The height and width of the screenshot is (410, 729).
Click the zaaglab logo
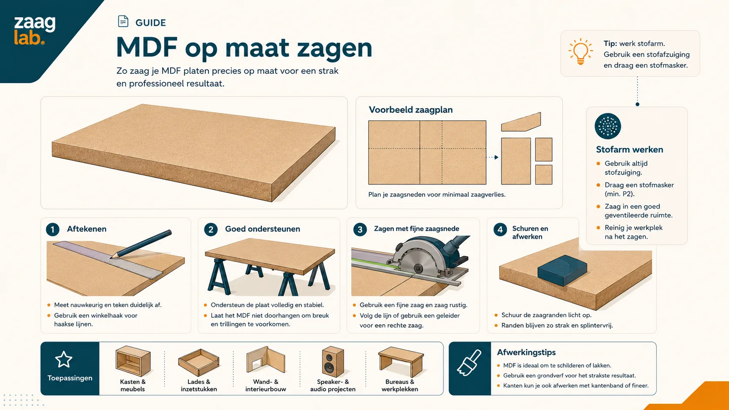tap(34, 30)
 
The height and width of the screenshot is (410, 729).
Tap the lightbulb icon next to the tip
tap(581, 52)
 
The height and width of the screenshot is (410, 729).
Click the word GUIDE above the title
tap(151, 23)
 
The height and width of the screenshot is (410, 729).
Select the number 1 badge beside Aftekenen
tap(53, 229)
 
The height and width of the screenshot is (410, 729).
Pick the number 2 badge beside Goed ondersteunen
tap(211, 229)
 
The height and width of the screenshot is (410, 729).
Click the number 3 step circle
tap(360, 229)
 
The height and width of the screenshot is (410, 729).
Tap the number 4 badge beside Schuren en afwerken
tap(500, 229)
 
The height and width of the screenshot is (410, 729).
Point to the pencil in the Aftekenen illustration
tap(141, 244)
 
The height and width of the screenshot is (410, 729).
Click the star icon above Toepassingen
tap(64, 359)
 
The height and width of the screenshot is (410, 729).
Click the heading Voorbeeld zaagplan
tap(410, 110)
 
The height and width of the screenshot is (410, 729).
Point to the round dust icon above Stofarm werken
tap(608, 126)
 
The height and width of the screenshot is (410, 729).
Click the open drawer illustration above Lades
tap(198, 362)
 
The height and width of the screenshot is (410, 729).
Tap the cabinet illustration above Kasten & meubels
tap(133, 361)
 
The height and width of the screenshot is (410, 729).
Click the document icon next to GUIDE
tap(123, 21)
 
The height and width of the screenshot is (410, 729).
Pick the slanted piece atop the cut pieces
tap(521, 122)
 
